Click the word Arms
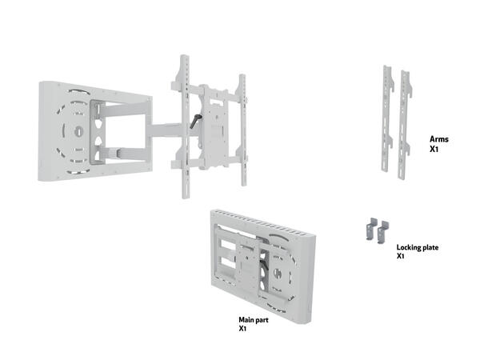point(439,139)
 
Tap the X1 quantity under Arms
point(434,149)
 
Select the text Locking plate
point(417,247)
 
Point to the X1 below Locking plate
point(400,257)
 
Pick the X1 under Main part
point(242,328)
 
